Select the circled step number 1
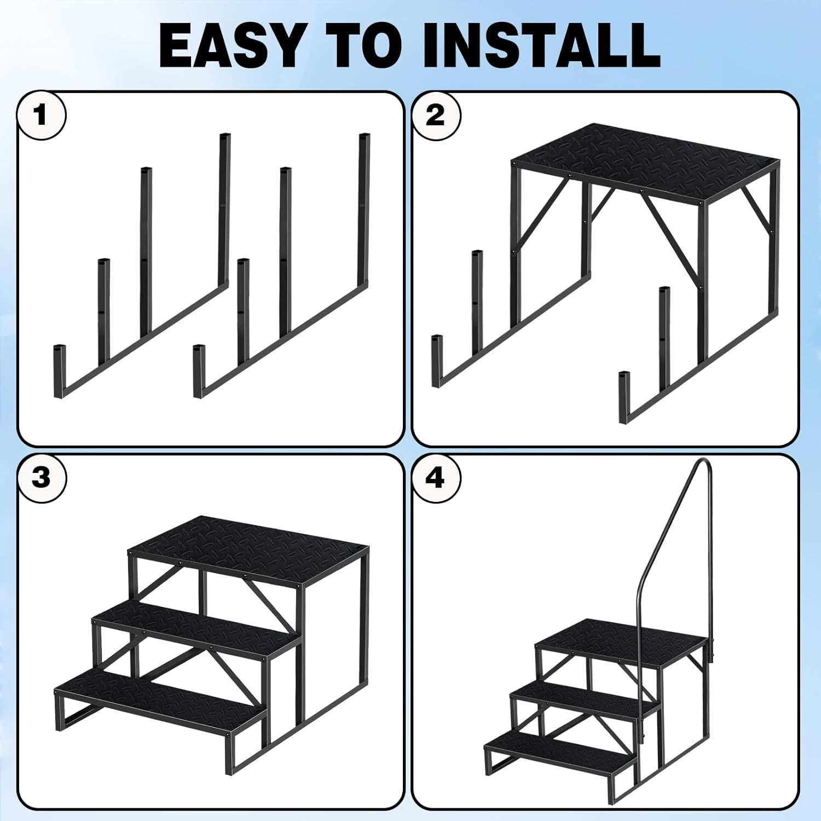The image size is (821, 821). click(42, 115)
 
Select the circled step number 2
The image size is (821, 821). click(436, 115)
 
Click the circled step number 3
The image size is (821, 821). click(42, 478)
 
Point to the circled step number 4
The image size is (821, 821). click(436, 478)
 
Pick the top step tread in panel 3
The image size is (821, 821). click(249, 545)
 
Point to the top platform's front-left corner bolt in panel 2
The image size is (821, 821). click(515, 163)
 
